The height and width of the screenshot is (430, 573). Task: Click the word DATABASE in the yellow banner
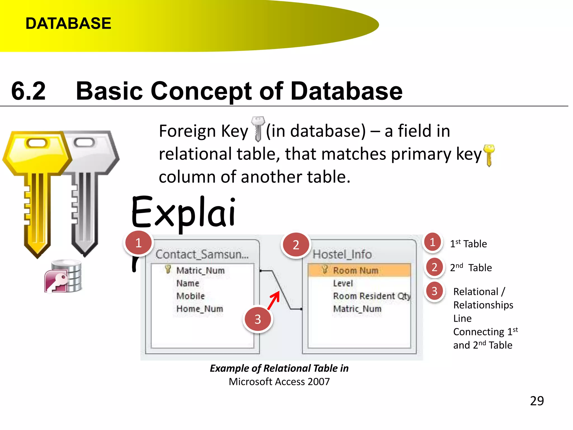click(x=68, y=23)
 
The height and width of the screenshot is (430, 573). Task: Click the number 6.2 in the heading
click(x=28, y=91)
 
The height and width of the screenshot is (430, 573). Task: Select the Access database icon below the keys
click(x=63, y=276)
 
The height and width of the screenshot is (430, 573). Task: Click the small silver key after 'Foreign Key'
click(x=258, y=129)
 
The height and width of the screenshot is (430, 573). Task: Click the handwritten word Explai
click(x=183, y=212)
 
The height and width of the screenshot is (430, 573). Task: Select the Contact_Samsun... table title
click(x=202, y=254)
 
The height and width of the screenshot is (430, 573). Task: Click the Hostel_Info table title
click(x=342, y=254)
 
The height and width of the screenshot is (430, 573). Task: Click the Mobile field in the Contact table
click(x=191, y=296)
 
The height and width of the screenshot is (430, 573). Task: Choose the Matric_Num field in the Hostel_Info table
click(x=357, y=309)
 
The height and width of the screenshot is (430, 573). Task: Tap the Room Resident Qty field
click(x=372, y=296)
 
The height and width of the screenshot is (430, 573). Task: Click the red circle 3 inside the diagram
click(x=258, y=319)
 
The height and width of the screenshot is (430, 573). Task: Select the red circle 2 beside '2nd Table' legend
click(x=434, y=267)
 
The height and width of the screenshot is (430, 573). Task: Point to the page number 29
click(x=537, y=401)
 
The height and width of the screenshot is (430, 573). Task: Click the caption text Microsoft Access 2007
click(x=279, y=382)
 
